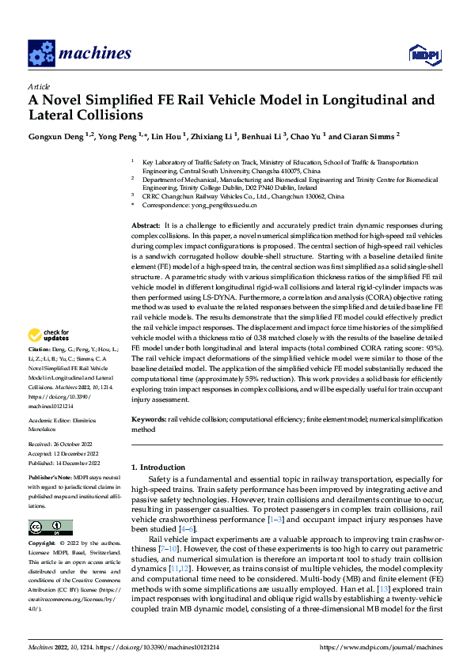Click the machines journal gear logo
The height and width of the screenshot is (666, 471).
(x=40, y=53)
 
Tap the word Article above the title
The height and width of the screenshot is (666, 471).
(x=39, y=86)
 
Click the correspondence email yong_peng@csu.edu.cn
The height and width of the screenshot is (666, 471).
(x=223, y=205)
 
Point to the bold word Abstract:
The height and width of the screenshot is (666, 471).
(x=147, y=225)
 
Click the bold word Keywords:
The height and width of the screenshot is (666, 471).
(x=149, y=419)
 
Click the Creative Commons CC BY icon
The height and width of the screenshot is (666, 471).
(x=50, y=527)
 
